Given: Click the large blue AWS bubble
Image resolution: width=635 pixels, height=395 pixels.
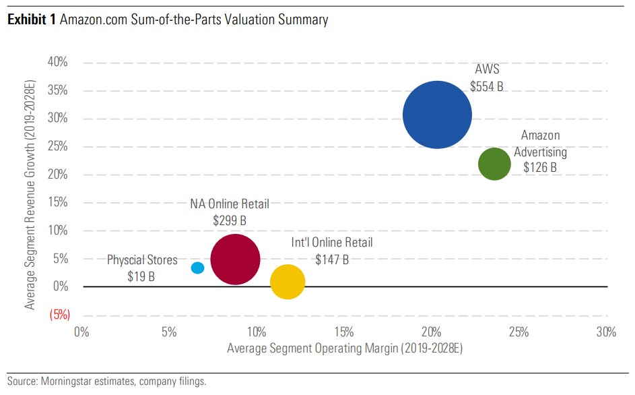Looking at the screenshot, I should point(437,115).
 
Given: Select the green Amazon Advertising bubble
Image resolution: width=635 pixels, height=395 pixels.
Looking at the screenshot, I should point(494,164).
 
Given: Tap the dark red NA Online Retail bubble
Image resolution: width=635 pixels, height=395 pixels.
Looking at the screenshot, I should point(235,260).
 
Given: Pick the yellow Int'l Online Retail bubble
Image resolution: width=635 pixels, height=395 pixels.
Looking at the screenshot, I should point(288,282).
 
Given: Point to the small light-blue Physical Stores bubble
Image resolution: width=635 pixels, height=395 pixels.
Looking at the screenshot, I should point(197,268).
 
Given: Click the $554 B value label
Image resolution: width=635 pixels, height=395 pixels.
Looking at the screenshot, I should point(486,86).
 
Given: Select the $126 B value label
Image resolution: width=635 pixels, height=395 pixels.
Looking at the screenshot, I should point(539,166).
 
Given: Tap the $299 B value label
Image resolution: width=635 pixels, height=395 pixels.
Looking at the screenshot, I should point(229,220).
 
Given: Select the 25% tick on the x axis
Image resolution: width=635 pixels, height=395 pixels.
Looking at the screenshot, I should point(519,332).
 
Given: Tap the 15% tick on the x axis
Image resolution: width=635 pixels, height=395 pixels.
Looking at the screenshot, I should point(343,332).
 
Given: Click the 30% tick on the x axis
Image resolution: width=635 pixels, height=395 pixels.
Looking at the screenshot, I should point(606,332).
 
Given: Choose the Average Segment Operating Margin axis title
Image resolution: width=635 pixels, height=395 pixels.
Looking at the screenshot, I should point(345,348).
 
